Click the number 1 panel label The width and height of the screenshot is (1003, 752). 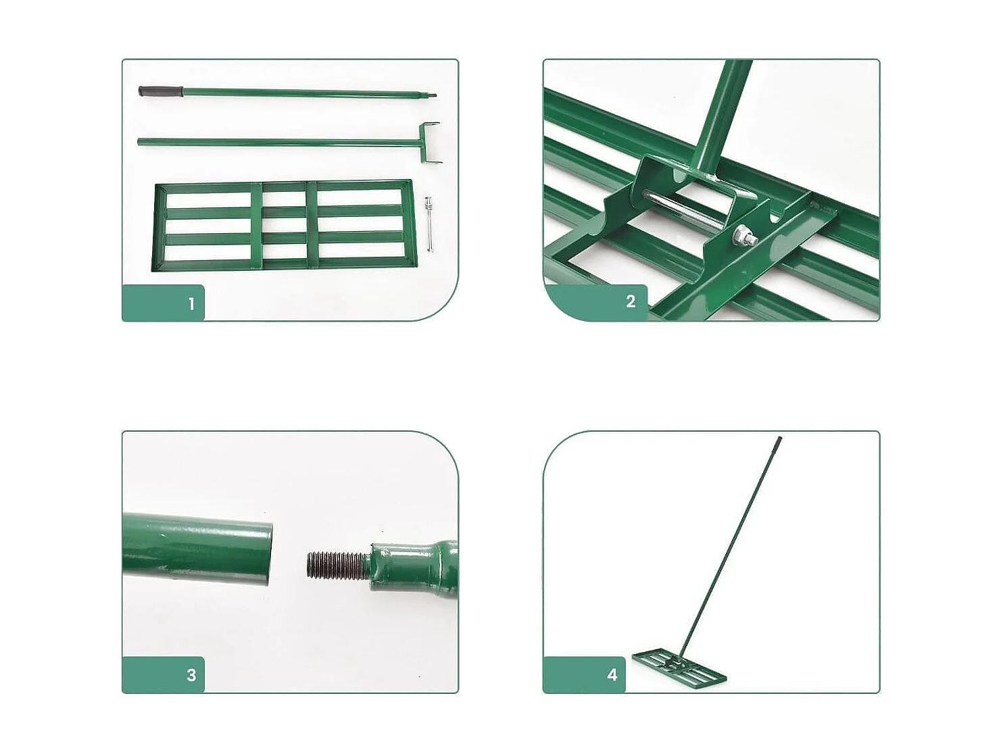tap(191, 304)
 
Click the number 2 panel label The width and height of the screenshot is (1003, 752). tap(630, 301)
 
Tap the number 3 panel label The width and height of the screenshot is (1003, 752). tap(191, 675)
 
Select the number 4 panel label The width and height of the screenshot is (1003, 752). tap(612, 675)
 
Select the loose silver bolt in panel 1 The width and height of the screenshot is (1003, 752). tap(429, 223)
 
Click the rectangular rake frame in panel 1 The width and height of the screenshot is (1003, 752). tap(284, 224)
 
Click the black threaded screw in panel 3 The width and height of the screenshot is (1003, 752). tap(336, 566)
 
